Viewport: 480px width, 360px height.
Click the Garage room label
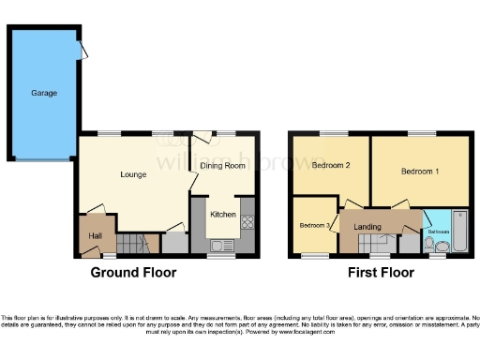click(x=44, y=94)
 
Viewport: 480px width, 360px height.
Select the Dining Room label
click(x=222, y=166)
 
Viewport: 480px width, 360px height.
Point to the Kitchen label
click(x=222, y=215)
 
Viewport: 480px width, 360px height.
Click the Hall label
click(x=96, y=235)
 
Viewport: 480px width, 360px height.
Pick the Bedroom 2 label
click(x=331, y=166)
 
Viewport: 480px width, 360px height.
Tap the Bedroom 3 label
click(x=314, y=226)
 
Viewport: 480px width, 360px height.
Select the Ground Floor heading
click(x=132, y=273)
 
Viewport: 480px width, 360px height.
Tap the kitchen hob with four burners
click(x=247, y=223)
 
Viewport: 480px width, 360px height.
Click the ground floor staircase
click(x=138, y=244)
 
